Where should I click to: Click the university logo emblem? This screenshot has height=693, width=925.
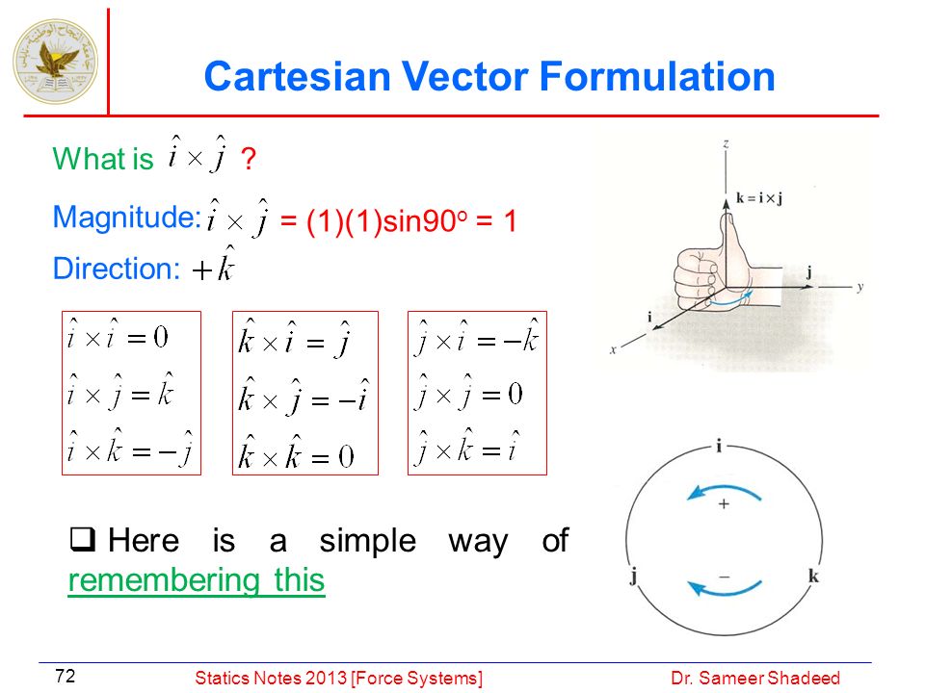(56, 61)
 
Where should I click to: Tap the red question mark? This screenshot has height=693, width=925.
(249, 159)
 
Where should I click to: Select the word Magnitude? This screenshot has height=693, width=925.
(127, 218)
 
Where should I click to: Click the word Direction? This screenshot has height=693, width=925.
(117, 269)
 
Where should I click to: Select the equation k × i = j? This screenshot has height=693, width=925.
(295, 338)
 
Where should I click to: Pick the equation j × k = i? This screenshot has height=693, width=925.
(467, 448)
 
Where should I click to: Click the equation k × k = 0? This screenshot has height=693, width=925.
(296, 453)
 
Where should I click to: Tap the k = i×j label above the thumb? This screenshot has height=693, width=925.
(759, 198)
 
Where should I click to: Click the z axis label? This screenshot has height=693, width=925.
(727, 143)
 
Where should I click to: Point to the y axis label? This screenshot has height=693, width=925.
(860, 287)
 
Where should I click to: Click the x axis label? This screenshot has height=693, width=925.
(613, 349)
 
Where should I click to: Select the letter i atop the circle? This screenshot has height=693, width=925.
(719, 446)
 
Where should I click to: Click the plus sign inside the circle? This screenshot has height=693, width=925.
(724, 503)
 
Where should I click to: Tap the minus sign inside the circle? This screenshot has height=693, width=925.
(725, 577)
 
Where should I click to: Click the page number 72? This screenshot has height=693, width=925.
(65, 676)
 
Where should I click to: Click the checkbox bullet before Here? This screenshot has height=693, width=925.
(83, 539)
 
